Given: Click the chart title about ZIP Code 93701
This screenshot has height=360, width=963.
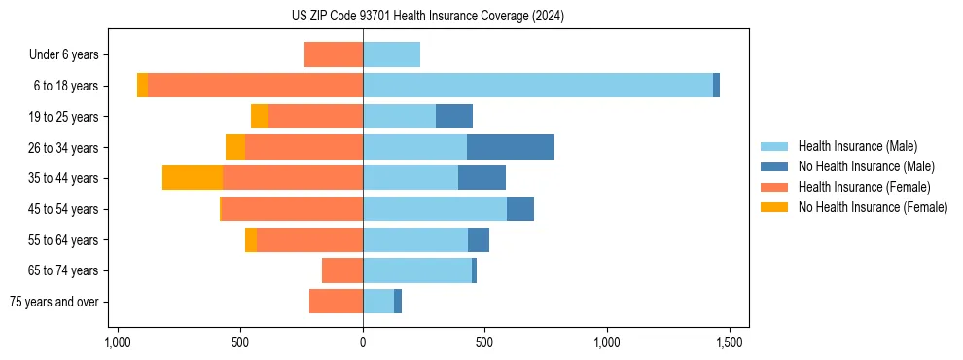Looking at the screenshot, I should [x=427, y=17].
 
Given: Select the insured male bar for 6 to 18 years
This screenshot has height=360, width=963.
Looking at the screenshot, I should [x=538, y=86].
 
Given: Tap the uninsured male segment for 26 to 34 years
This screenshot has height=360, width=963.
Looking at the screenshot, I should [x=511, y=147].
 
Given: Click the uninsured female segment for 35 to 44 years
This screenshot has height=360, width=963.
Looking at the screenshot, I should [x=193, y=178].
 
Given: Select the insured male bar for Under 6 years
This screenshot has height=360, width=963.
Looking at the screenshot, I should [x=391, y=54].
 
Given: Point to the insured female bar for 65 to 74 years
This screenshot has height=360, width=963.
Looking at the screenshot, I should [x=342, y=270].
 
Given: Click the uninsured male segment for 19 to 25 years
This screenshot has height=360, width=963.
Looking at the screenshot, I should [x=454, y=117].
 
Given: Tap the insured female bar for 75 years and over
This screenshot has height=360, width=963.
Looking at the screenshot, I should [x=336, y=302].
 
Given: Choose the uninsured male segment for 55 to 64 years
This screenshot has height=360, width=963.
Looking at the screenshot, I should [x=479, y=239].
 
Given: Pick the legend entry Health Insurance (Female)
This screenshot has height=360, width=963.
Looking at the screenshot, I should [x=864, y=187].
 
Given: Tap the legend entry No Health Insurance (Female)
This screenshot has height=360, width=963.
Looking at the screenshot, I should [x=872, y=207].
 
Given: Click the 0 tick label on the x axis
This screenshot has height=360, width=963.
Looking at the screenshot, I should [x=363, y=342].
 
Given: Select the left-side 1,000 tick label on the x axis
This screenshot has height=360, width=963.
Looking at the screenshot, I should [x=118, y=342].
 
